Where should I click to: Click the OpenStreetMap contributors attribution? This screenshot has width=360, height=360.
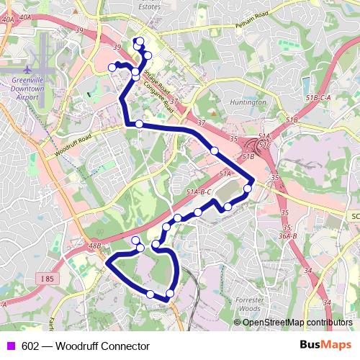click(297, 322)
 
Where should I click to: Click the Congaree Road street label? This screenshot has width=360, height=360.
click(159, 94)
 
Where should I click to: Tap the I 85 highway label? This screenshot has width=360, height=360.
click(47, 278)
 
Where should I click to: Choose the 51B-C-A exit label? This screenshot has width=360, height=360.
click(318, 97)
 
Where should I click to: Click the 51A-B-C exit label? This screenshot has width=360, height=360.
click(198, 192)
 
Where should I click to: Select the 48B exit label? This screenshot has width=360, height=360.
click(94, 246)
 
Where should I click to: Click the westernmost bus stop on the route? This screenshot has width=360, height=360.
click(112, 67)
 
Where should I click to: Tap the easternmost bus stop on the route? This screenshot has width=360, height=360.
click(248, 189)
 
